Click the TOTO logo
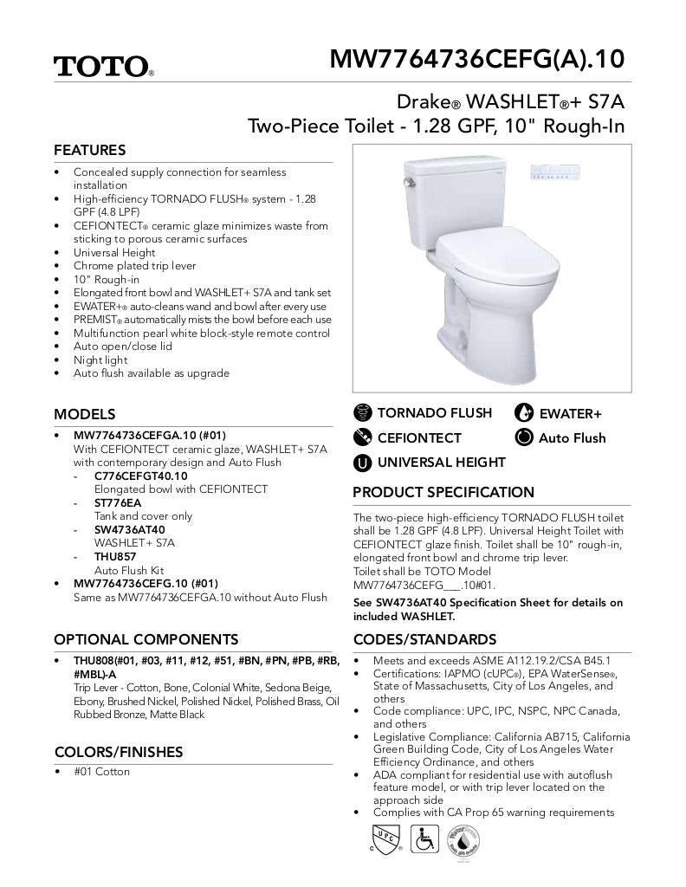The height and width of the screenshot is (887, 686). (x=103, y=67)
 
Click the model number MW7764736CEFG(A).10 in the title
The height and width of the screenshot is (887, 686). (x=476, y=59)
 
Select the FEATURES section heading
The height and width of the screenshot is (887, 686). (x=89, y=150)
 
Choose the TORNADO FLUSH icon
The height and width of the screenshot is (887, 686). (x=363, y=413)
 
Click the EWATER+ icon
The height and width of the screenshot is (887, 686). (x=524, y=414)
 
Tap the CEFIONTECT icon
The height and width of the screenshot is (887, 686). (x=363, y=437)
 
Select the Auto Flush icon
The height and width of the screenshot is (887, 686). (x=524, y=437)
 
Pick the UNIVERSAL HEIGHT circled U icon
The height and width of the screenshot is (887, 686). (x=363, y=463)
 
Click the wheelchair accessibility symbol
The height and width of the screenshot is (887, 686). (x=424, y=839)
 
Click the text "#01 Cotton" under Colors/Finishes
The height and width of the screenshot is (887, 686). (x=101, y=771)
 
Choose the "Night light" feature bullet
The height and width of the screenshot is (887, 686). (x=100, y=359)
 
